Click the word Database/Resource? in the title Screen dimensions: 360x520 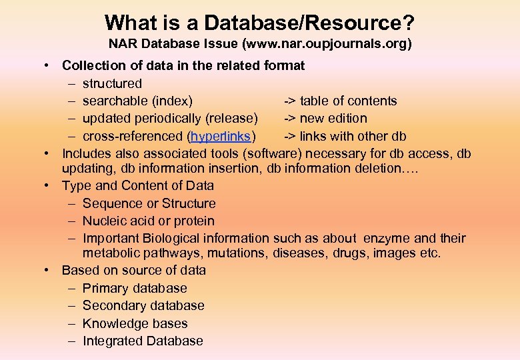pos(309,23)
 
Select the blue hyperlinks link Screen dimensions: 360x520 pos(221,137)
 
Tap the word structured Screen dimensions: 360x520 pos(112,83)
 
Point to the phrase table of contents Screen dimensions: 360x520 pos(348,101)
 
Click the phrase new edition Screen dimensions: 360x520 pos(333,119)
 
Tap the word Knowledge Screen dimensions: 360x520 pos(113,323)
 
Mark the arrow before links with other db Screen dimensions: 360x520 pos(290,137)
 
